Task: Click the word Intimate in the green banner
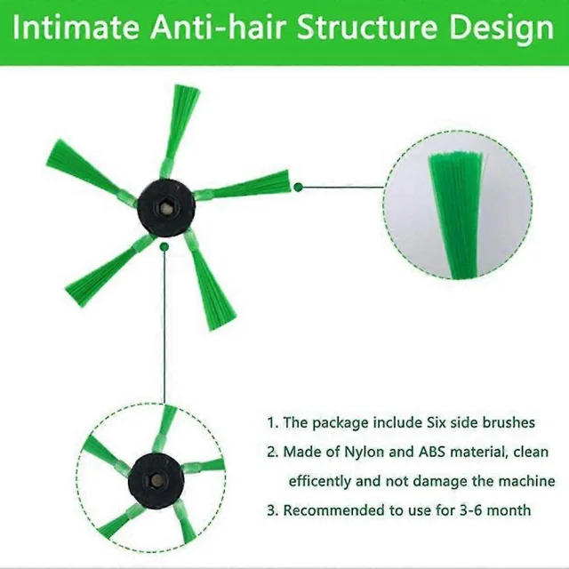76,28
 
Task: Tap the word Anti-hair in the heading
218,28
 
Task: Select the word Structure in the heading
367,28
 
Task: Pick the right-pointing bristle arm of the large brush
243,186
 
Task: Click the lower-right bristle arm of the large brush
204,279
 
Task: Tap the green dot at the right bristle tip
299,188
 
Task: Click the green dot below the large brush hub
164,247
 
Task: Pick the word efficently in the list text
319,482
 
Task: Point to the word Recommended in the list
334,510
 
